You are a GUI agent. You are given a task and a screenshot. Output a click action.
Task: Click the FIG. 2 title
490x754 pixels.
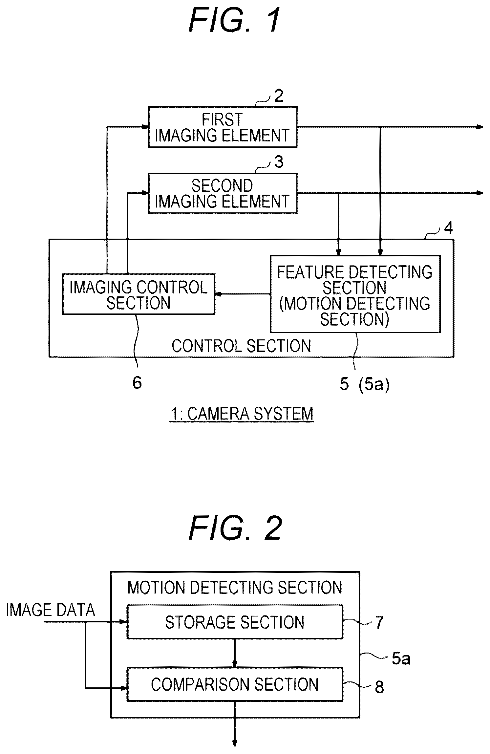235,528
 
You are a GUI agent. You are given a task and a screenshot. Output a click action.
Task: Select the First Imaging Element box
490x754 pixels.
223,127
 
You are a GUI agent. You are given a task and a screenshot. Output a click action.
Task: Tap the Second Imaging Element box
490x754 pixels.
223,193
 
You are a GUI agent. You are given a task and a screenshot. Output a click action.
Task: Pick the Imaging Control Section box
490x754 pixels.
138,294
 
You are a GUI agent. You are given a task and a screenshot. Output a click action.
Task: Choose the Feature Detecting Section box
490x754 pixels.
355,294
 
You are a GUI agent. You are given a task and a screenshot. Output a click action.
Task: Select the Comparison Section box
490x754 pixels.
235,684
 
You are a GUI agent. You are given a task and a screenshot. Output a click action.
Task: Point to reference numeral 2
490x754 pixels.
278,96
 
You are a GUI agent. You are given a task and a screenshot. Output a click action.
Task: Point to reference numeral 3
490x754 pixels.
279,162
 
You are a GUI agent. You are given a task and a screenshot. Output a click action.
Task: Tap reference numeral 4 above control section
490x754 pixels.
448,228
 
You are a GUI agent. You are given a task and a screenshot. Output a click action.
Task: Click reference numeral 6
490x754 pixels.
137,382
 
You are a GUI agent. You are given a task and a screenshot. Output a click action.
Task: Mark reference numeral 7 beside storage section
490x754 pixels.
379,622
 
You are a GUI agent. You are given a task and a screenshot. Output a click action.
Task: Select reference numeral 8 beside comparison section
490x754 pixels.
379,687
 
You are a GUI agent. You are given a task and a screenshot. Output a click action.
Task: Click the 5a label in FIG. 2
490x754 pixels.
401,658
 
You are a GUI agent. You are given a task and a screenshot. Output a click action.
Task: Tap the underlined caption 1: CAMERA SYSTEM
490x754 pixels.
242,414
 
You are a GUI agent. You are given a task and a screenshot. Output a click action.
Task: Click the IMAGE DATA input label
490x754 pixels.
51,610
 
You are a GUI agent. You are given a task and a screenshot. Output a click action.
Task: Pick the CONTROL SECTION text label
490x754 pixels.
241,346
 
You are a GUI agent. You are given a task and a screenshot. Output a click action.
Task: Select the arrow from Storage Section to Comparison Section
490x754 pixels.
235,653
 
